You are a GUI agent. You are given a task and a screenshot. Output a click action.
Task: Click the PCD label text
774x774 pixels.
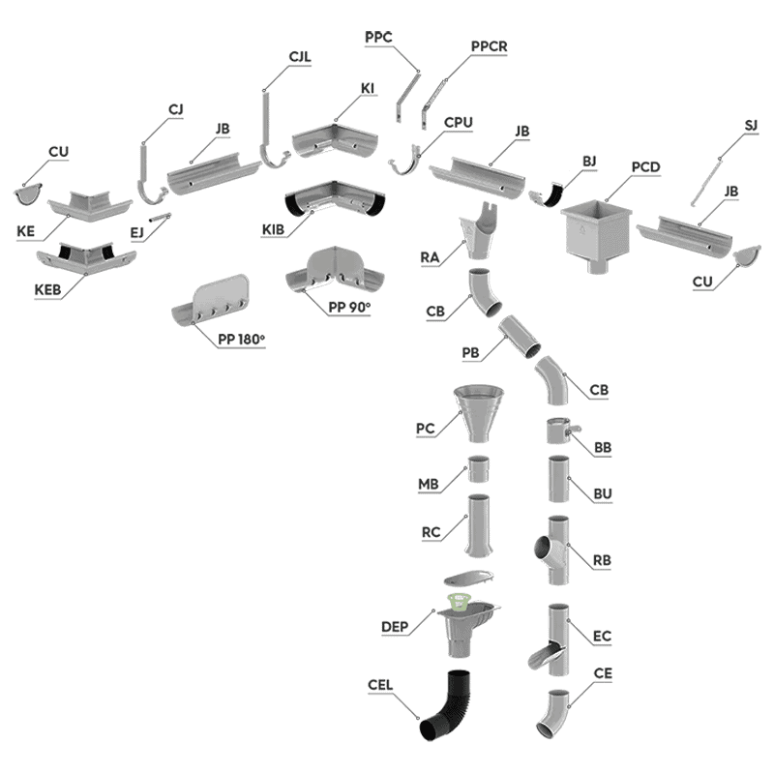[x=645, y=167]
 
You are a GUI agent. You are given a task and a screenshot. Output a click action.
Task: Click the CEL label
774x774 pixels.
[x=380, y=685]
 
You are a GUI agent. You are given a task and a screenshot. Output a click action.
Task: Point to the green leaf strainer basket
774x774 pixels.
[x=458, y=602]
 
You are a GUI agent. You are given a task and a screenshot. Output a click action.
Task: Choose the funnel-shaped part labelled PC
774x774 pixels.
[x=479, y=414]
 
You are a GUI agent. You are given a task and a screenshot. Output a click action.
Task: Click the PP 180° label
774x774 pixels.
[x=241, y=340]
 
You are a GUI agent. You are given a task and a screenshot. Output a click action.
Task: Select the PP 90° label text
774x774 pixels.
[x=349, y=307]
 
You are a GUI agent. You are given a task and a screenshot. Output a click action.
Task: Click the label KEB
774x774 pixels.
[x=47, y=289]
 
